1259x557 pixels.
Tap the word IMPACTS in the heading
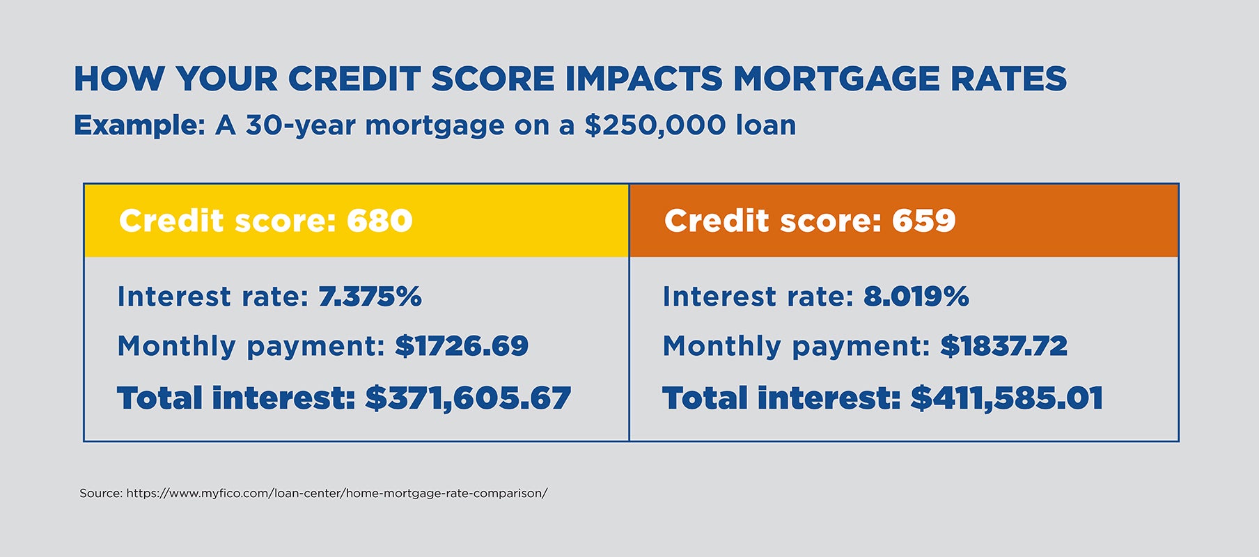(x=644, y=79)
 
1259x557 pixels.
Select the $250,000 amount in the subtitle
(x=655, y=125)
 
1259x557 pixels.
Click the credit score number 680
(x=380, y=221)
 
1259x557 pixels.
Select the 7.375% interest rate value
(x=370, y=297)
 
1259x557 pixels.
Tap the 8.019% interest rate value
(x=916, y=297)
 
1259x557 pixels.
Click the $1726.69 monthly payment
(x=462, y=346)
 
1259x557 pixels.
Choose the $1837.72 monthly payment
(x=1003, y=346)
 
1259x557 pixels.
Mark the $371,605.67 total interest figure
(x=468, y=398)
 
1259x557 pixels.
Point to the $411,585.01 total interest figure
(x=1007, y=398)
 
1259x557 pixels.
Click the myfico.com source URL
(x=336, y=493)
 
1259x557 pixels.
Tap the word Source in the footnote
(x=100, y=493)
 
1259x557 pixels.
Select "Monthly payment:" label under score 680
(x=251, y=346)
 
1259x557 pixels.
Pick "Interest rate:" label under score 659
(x=758, y=297)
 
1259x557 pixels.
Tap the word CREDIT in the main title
(x=354, y=79)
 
